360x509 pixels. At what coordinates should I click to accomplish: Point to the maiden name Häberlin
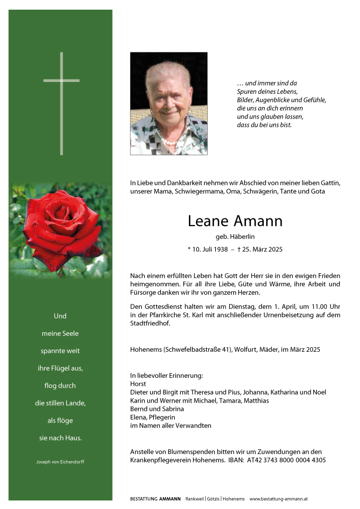(242, 237)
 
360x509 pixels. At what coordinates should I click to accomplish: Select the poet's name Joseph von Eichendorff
(60, 462)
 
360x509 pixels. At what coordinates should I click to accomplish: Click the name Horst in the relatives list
(137, 384)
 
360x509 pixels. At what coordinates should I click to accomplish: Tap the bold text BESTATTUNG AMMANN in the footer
(155, 499)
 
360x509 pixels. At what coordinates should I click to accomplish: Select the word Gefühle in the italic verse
(315, 100)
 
